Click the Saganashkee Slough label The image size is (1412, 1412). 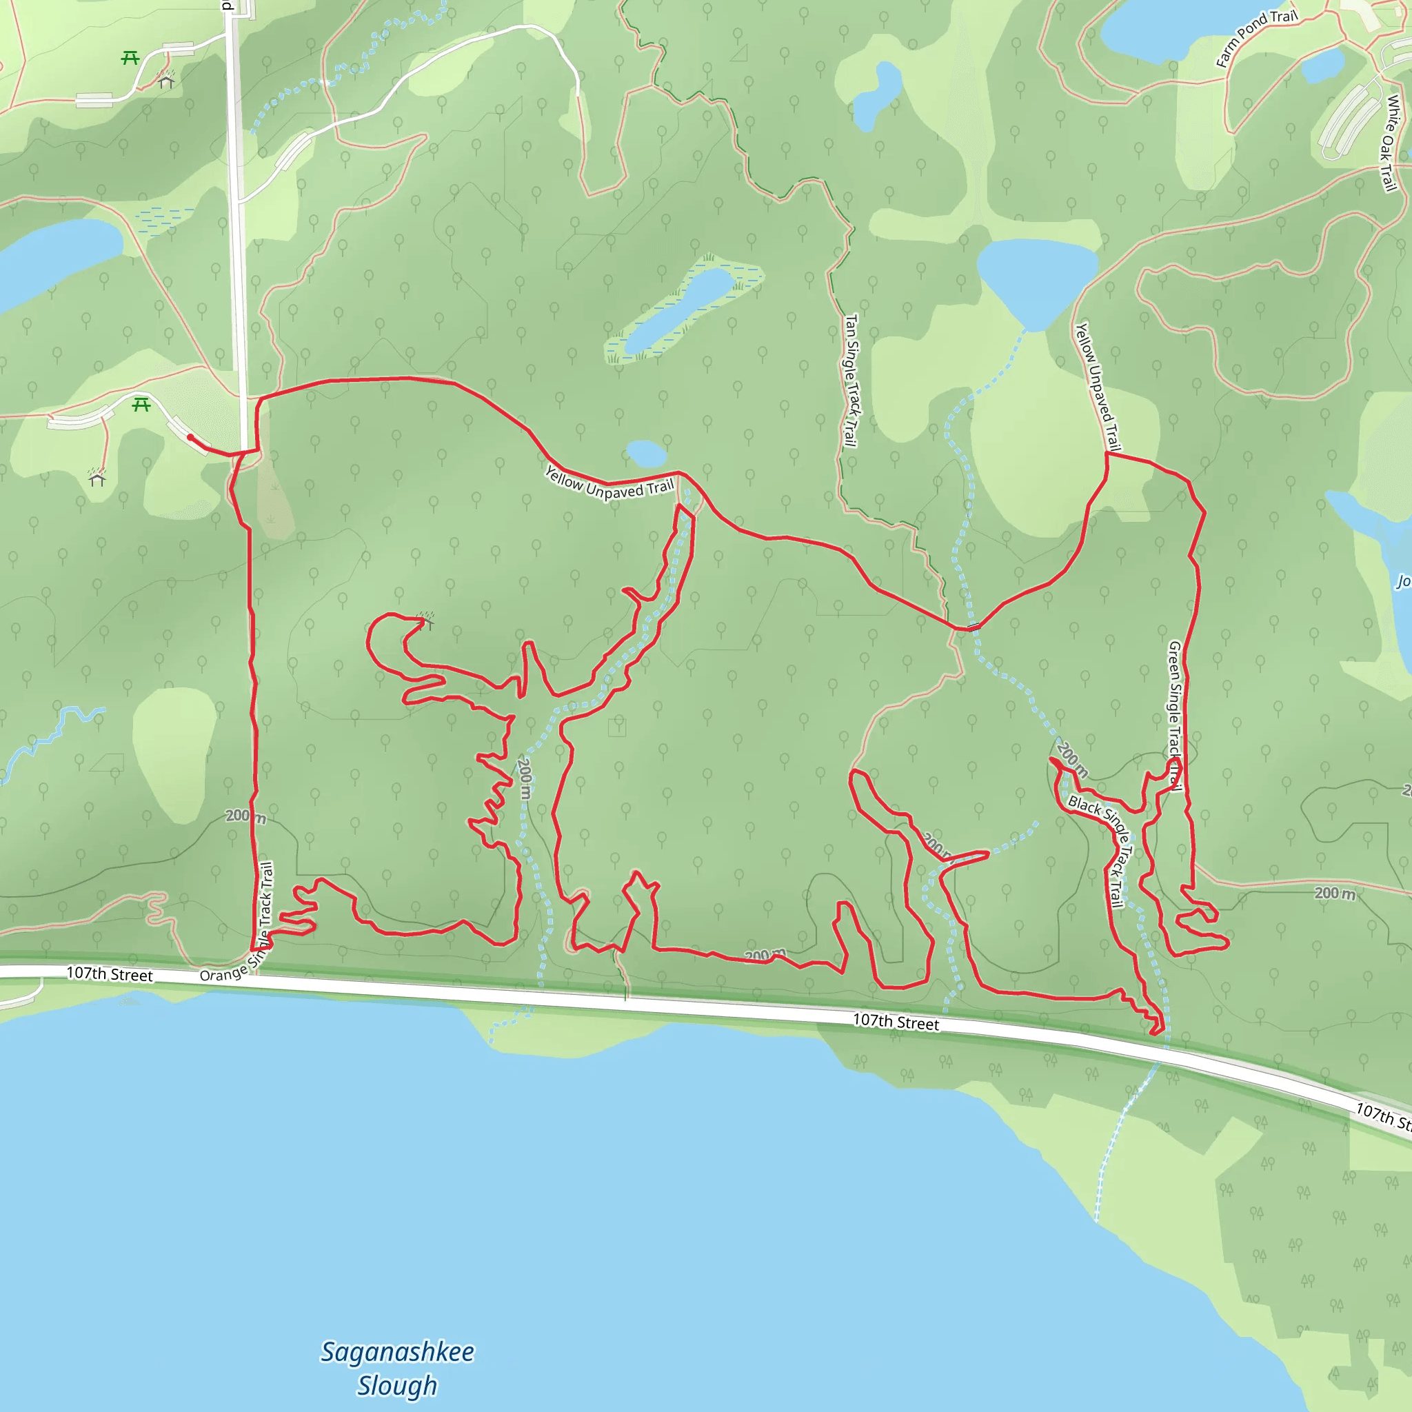(x=398, y=1369)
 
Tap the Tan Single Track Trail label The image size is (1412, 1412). (x=850, y=380)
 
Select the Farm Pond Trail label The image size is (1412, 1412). (x=1256, y=37)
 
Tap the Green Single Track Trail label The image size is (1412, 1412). (x=1174, y=716)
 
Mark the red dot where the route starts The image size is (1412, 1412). (x=190, y=437)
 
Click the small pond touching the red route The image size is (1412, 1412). (x=646, y=453)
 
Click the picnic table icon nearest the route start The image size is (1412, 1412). (x=141, y=403)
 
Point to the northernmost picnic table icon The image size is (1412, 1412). (x=130, y=57)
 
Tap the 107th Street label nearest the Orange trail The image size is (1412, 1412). (x=110, y=974)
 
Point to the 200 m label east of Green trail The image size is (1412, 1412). (x=1335, y=893)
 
